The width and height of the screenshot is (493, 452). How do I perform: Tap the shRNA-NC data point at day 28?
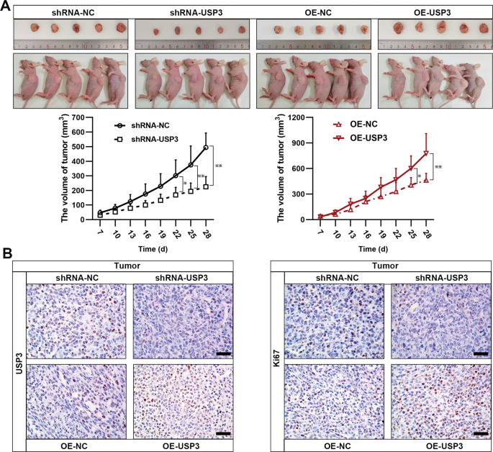(206, 148)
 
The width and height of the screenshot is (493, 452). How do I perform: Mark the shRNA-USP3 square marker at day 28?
(206, 186)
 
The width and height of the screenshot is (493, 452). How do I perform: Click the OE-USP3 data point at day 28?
(426, 153)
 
